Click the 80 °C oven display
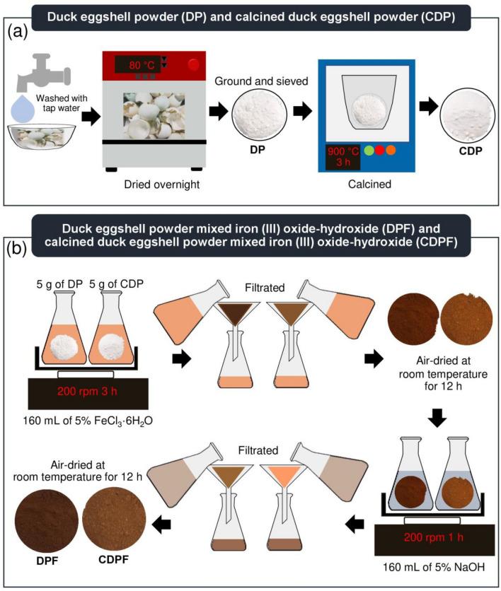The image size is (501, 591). [141, 65]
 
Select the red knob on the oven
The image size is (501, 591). [193, 65]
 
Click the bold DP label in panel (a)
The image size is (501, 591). [258, 150]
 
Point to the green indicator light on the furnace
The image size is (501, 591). [369, 151]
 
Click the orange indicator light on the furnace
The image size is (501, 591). [391, 151]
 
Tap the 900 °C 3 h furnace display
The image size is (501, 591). [343, 157]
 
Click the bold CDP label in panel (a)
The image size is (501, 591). [471, 151]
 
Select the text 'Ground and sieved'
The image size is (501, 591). [261, 81]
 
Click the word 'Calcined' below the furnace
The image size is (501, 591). [369, 185]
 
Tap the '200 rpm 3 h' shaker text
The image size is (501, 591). [87, 391]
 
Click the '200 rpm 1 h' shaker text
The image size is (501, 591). [434, 537]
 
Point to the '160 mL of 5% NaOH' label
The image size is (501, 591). [434, 567]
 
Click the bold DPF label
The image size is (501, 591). [47, 561]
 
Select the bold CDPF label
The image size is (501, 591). [113, 560]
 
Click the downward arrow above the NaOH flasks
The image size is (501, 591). [437, 418]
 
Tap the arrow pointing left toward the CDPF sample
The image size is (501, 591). [161, 525]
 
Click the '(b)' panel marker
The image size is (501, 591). [17, 249]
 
